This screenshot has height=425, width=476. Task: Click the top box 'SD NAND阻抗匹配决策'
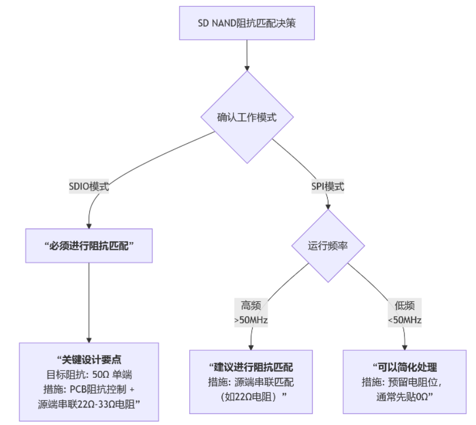(x=247, y=23)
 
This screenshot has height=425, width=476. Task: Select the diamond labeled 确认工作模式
(x=247, y=118)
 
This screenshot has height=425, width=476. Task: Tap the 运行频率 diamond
(x=328, y=246)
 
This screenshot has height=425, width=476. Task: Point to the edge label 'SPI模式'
(x=327, y=186)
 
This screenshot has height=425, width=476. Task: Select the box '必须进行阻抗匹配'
(x=89, y=246)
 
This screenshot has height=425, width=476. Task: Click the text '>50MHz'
(x=251, y=320)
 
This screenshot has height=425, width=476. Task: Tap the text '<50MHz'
(x=404, y=320)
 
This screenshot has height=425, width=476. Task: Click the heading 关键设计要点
(x=89, y=360)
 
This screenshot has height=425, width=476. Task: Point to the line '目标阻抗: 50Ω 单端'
(x=89, y=374)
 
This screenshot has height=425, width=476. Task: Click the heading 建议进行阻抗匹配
(x=251, y=367)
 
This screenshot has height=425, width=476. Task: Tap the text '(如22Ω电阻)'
(x=251, y=396)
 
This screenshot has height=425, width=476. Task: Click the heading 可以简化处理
(x=404, y=367)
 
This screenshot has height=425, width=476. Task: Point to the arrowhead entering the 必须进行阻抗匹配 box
(x=89, y=225)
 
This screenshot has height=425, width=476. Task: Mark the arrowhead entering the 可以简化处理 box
(x=404, y=346)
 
